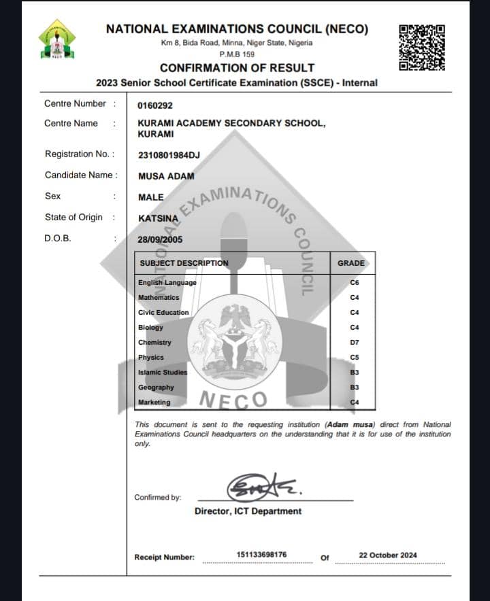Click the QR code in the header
[x=422, y=48]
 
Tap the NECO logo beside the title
[x=57, y=39]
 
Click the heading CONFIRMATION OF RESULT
[x=237, y=68]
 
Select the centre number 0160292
[x=155, y=105]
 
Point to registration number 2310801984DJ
[x=169, y=154]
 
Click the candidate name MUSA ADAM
[x=166, y=176]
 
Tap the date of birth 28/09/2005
[x=160, y=240]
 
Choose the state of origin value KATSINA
[x=158, y=218]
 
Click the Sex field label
[x=52, y=196]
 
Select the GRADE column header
[x=351, y=263]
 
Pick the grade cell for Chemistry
[x=354, y=343]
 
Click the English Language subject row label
[x=167, y=283]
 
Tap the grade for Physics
[x=354, y=358]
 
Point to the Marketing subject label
[x=154, y=402]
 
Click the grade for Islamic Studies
[x=354, y=373]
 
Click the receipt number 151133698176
[x=261, y=555]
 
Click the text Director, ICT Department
[x=248, y=511]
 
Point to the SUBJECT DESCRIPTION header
[x=184, y=263]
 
